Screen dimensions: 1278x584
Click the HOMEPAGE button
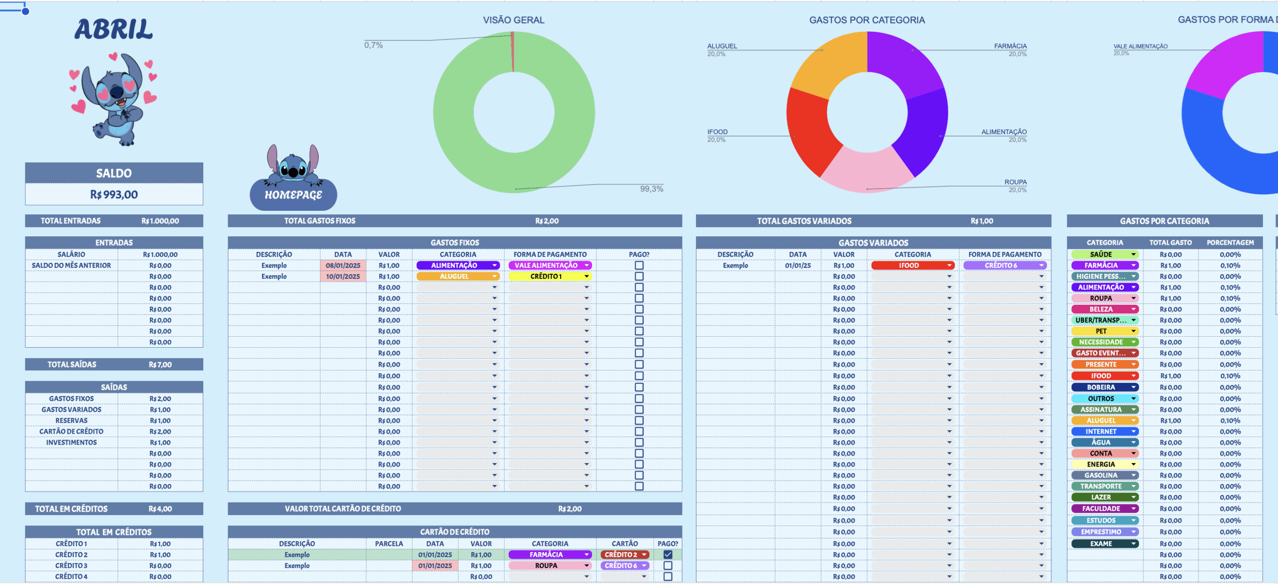tap(293, 194)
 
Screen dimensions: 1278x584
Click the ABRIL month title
tap(114, 29)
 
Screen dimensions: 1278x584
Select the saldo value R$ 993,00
tap(114, 194)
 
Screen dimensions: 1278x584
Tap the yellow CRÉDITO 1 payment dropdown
tap(550, 276)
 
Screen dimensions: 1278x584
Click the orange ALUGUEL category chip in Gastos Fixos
tap(458, 276)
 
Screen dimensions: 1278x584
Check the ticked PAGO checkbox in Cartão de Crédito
tap(667, 555)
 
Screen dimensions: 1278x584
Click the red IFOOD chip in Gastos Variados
tap(913, 265)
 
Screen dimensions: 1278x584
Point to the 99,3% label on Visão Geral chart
tap(651, 189)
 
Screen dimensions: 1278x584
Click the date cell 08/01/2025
tap(343, 265)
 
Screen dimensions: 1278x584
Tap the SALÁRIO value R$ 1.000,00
tap(160, 254)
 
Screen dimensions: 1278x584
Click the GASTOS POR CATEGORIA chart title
tap(867, 20)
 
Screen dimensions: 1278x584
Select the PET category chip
tap(1105, 331)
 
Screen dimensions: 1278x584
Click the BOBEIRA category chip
tap(1105, 387)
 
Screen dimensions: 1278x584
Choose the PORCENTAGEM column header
tap(1230, 243)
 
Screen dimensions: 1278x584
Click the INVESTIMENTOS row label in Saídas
tap(71, 443)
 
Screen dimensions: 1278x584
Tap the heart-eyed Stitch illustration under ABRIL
tap(114, 99)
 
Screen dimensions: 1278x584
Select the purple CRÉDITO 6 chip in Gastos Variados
tap(1004, 265)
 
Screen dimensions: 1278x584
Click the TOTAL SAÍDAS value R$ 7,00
tap(160, 365)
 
